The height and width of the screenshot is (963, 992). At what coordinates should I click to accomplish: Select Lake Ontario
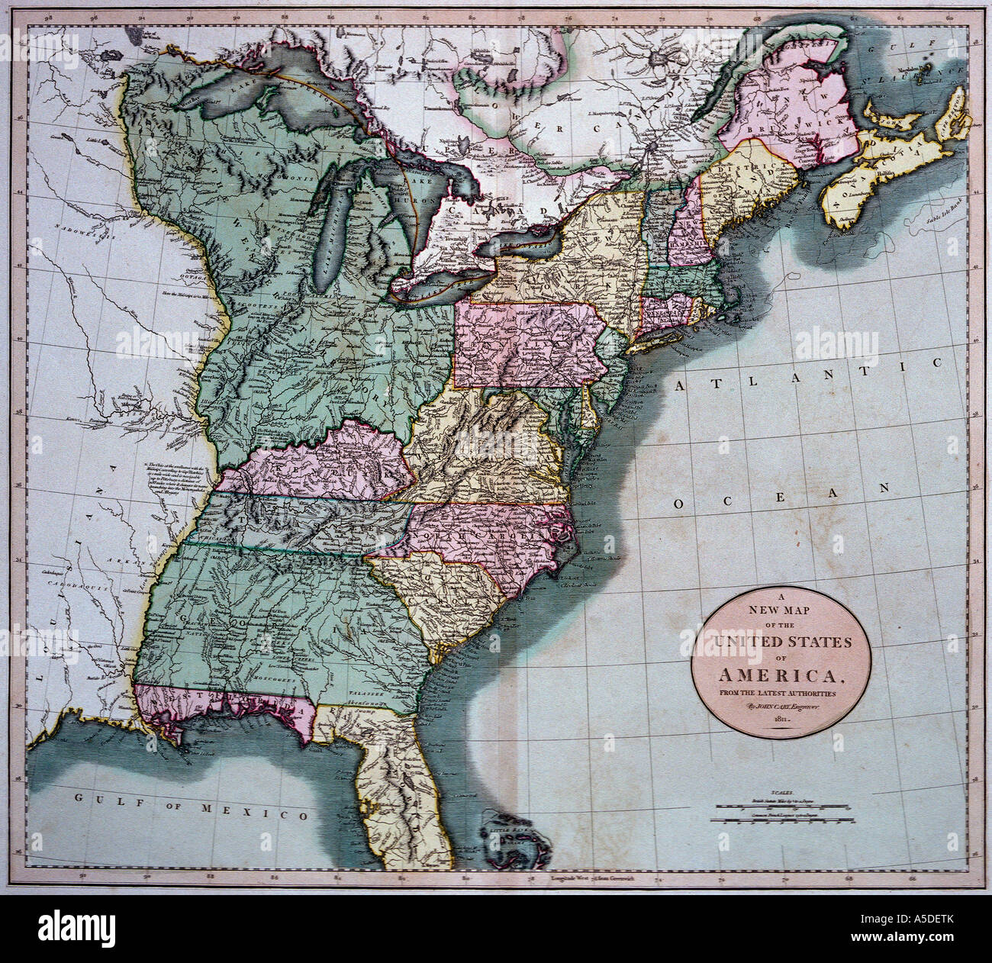tap(526, 243)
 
